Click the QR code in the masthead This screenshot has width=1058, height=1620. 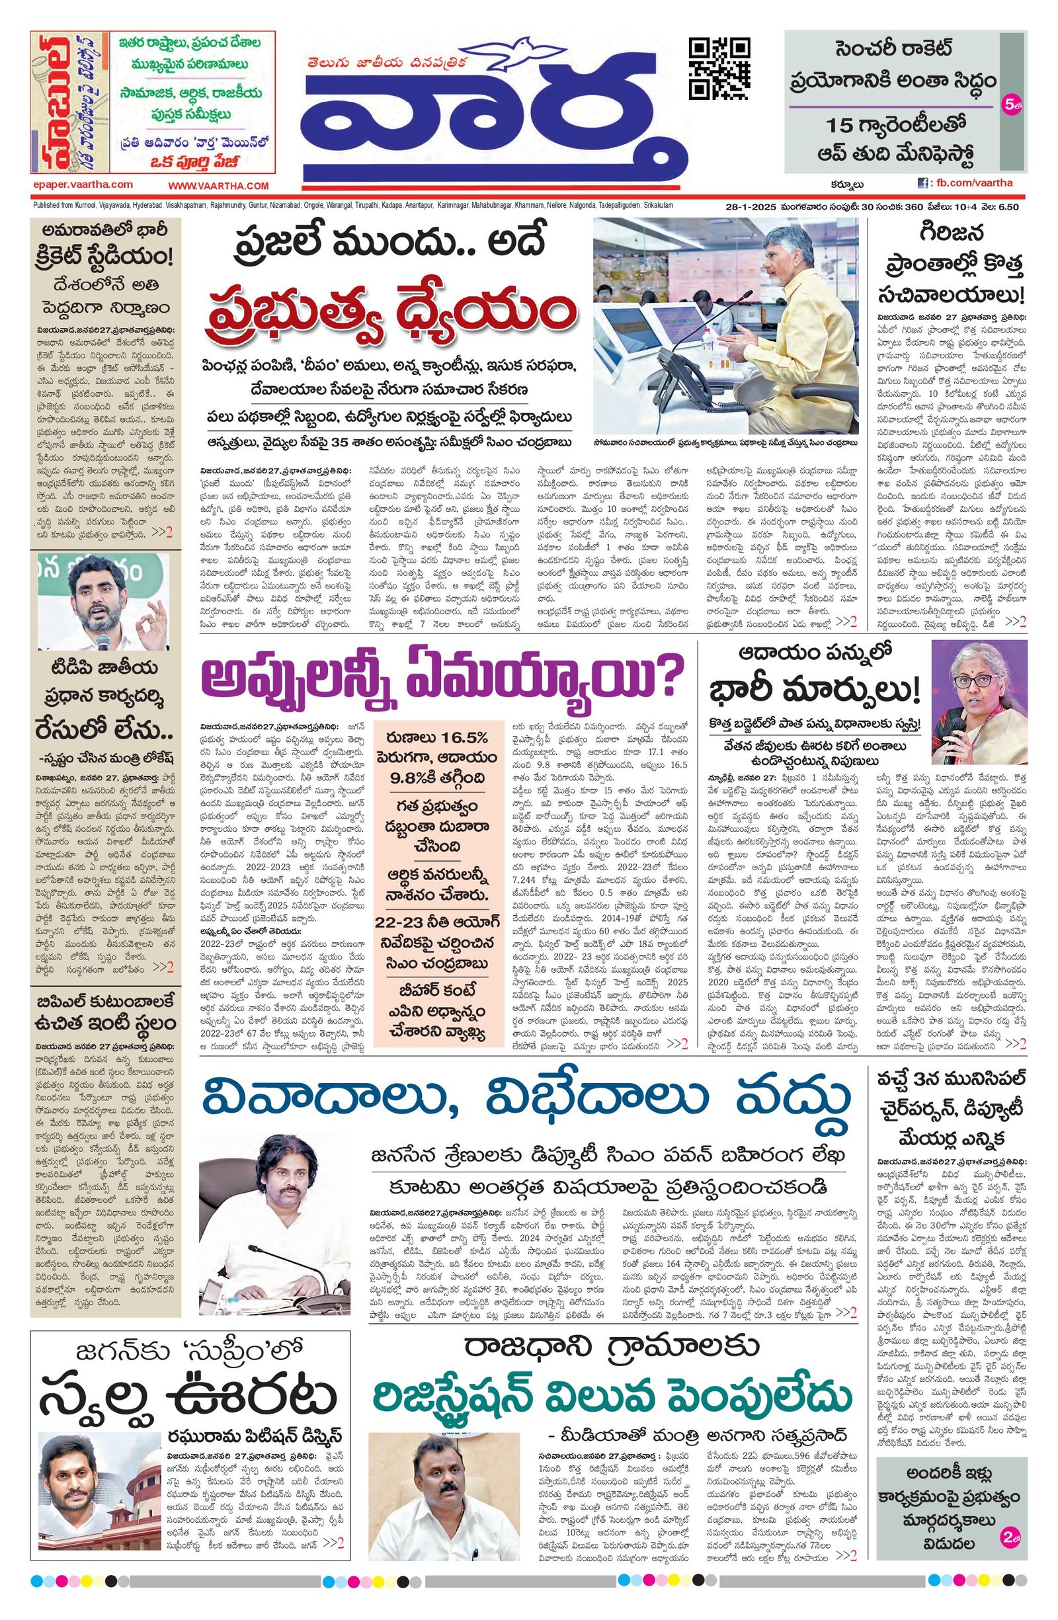[x=719, y=69]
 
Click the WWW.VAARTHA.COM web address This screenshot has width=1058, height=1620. [x=219, y=186]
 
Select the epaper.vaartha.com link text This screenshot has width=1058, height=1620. [x=83, y=184]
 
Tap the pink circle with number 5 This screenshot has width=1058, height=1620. [x=1010, y=105]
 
